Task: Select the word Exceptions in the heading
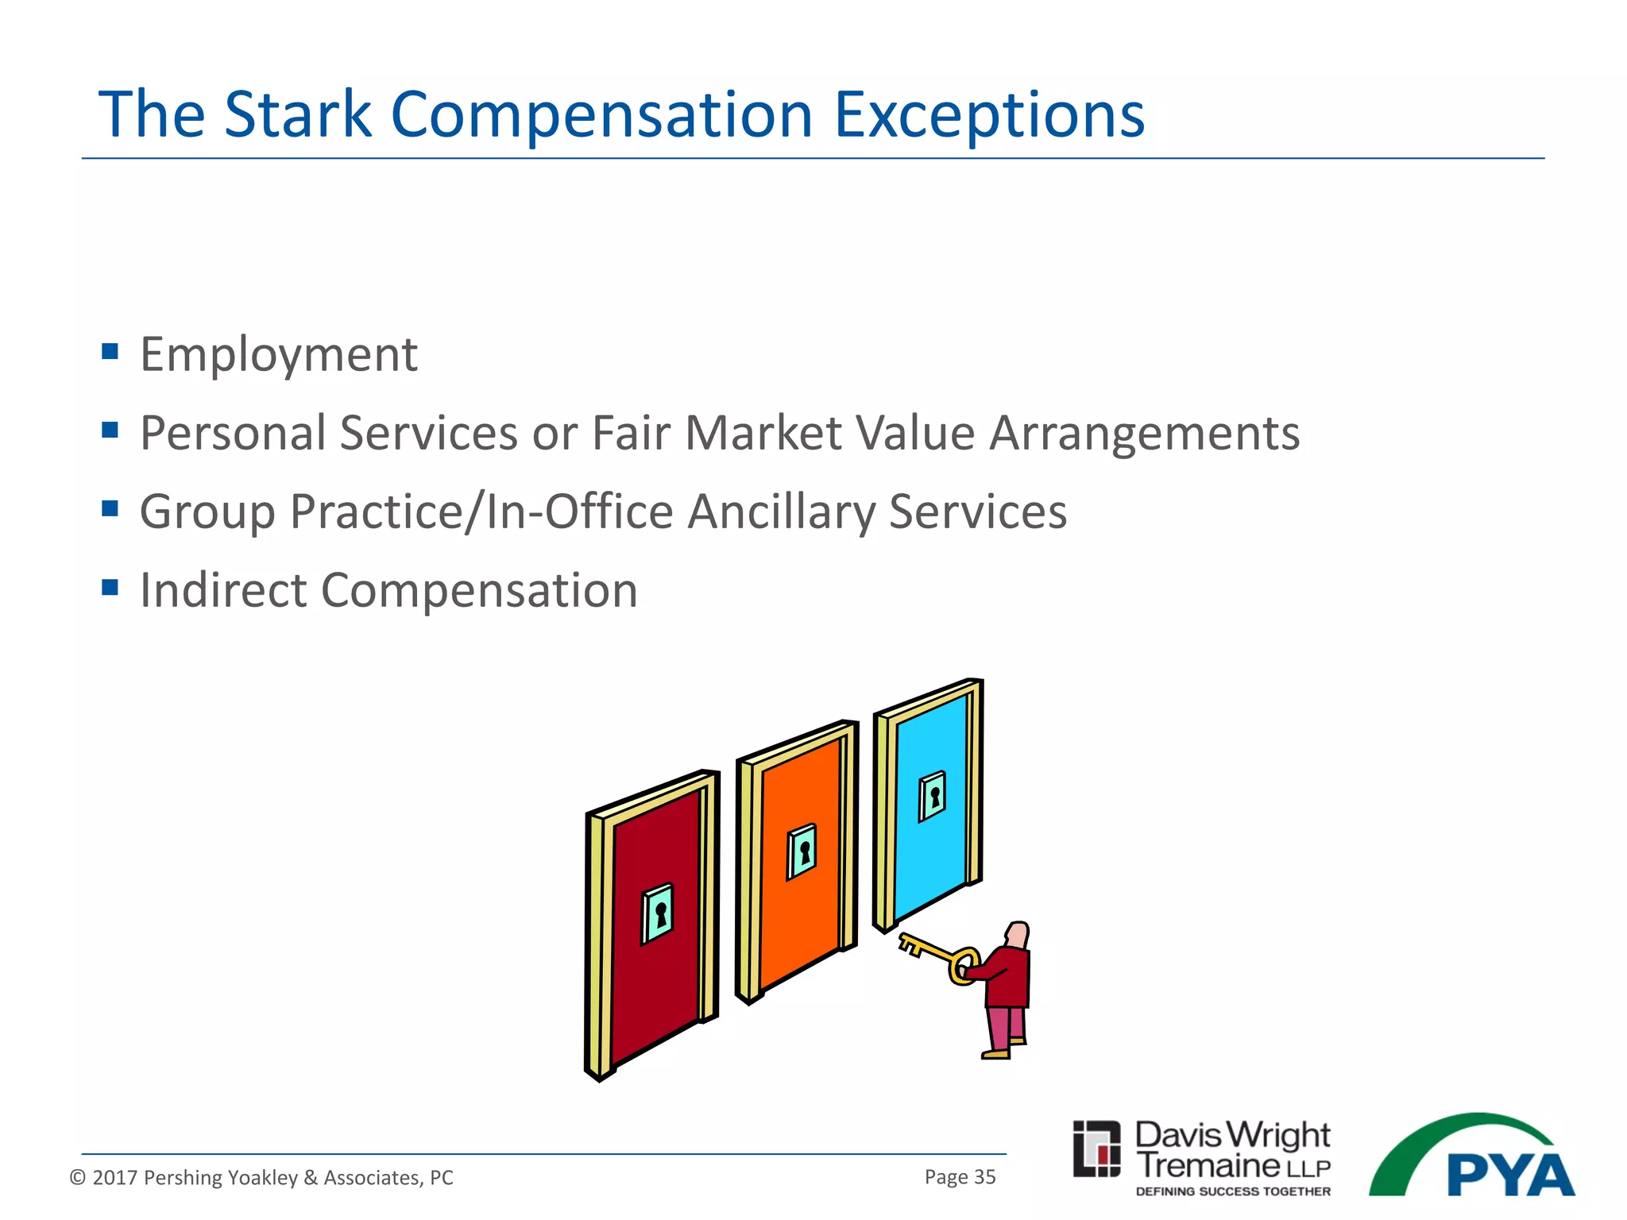pyautogui.click(x=989, y=115)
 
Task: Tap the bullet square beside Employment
pyautogui.click(x=110, y=351)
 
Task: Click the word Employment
pyautogui.click(x=278, y=355)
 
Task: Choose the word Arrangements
pyautogui.click(x=1144, y=434)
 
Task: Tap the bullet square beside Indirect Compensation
pyautogui.click(x=110, y=588)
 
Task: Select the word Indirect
pyautogui.click(x=223, y=590)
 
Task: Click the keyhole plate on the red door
pyautogui.click(x=658, y=913)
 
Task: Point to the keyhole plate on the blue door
pyautogui.click(x=933, y=796)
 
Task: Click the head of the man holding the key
pyautogui.click(x=1018, y=934)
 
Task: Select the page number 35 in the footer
pyautogui.click(x=984, y=1177)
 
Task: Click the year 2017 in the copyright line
pyautogui.click(x=115, y=1178)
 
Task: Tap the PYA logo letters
pyautogui.click(x=1509, y=1176)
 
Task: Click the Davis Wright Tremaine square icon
pyautogui.click(x=1096, y=1149)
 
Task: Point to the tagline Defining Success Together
pyautogui.click(x=1233, y=1191)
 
